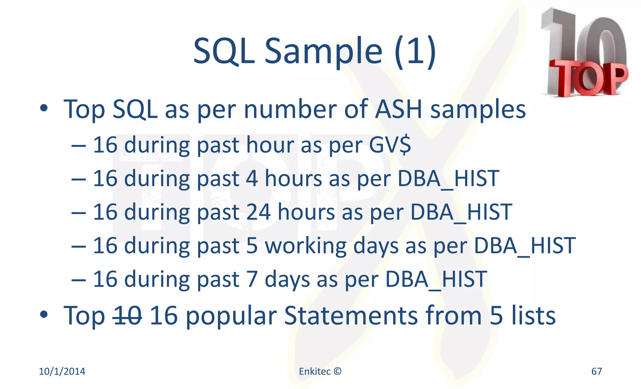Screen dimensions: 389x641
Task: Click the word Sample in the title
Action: (323, 52)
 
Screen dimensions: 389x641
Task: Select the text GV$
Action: (390, 145)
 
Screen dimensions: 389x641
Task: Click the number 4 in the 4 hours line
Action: (252, 178)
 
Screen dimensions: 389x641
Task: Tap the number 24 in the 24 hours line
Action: (258, 212)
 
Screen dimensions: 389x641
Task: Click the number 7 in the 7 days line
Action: (252, 279)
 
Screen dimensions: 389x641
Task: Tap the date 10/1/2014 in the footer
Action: (62, 371)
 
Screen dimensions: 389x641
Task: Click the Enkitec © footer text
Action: (320, 371)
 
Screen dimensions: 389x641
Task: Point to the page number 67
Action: (596, 371)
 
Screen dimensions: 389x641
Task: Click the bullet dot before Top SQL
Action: (44, 109)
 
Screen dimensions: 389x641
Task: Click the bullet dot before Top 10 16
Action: (44, 315)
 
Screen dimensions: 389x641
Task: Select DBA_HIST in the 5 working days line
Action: (525, 246)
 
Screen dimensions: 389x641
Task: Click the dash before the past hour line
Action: (78, 146)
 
